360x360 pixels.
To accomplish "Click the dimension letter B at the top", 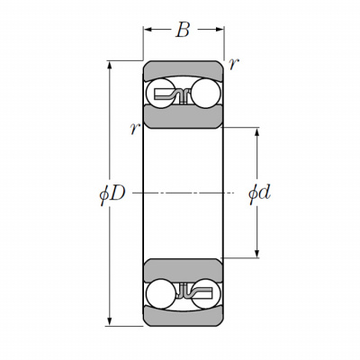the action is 183,30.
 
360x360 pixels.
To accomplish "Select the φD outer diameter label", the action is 112,193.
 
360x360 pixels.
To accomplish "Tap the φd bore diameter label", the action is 259,193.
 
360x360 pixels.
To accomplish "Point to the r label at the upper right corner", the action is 234,64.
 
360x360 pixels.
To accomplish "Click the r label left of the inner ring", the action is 135,129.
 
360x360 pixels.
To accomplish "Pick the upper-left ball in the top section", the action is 159,93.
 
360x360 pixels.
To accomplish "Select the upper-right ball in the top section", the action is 205,93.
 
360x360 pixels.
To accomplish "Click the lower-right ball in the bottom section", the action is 206,294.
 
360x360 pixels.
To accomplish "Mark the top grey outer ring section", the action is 183,70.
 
